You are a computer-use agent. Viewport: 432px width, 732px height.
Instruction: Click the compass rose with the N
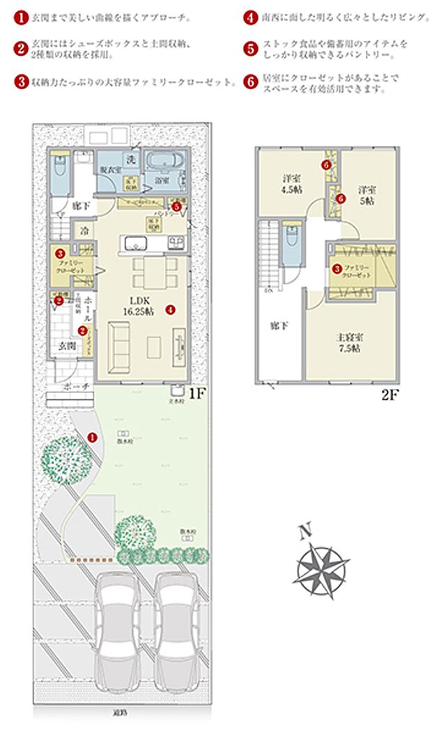click(321, 566)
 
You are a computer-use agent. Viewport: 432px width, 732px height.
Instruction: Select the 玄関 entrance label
click(68, 346)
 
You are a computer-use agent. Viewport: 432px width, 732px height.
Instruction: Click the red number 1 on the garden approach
click(93, 436)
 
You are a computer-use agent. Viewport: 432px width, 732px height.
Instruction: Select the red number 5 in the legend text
click(251, 48)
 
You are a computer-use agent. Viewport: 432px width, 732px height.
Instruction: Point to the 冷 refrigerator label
click(84, 230)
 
